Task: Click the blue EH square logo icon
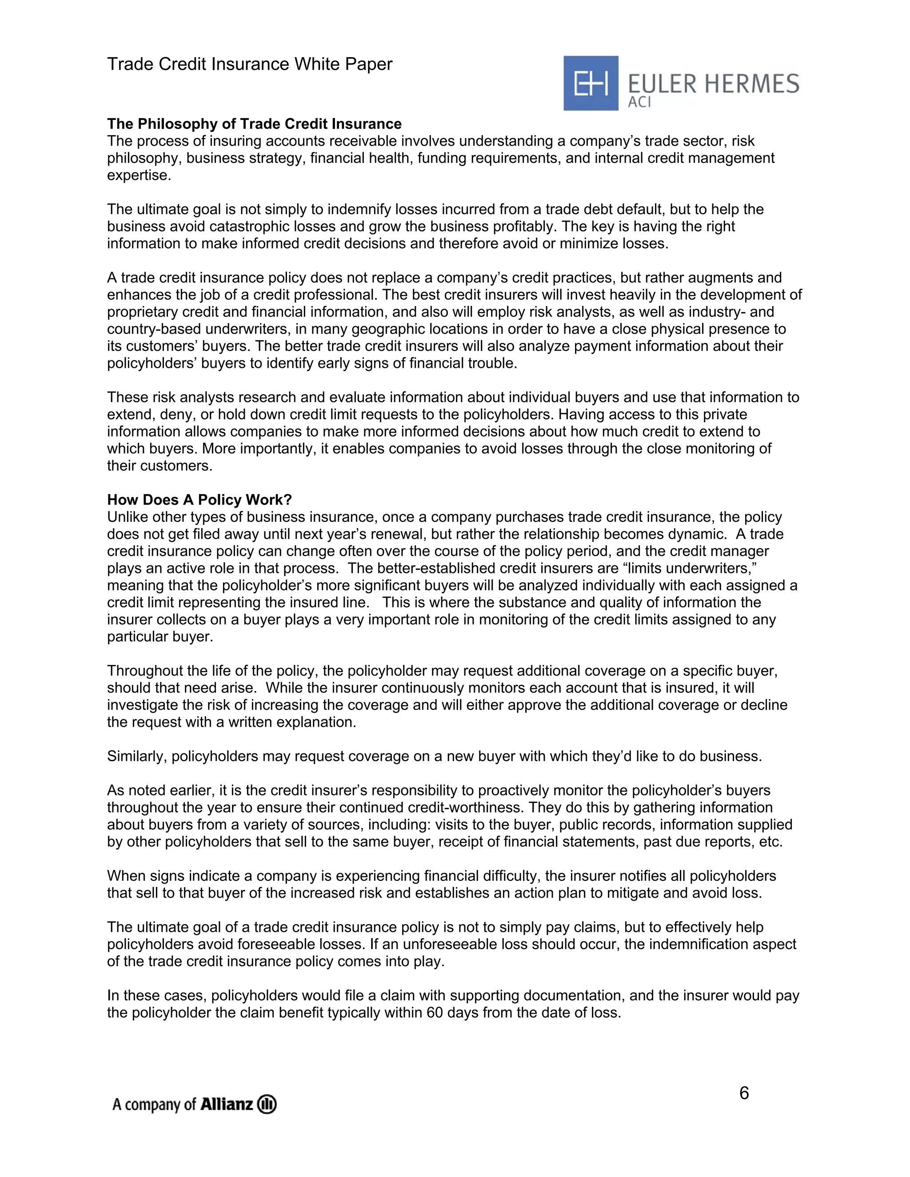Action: pyautogui.click(x=591, y=83)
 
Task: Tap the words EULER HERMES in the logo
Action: pyautogui.click(x=713, y=84)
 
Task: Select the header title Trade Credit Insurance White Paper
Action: pyautogui.click(x=250, y=64)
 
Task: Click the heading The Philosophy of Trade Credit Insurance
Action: pyautogui.click(x=254, y=124)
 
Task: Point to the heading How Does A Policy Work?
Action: pyautogui.click(x=199, y=500)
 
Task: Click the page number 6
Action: pyautogui.click(x=743, y=1093)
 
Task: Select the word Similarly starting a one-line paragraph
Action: pyautogui.click(x=136, y=756)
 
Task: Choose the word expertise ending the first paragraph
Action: pyautogui.click(x=139, y=175)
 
